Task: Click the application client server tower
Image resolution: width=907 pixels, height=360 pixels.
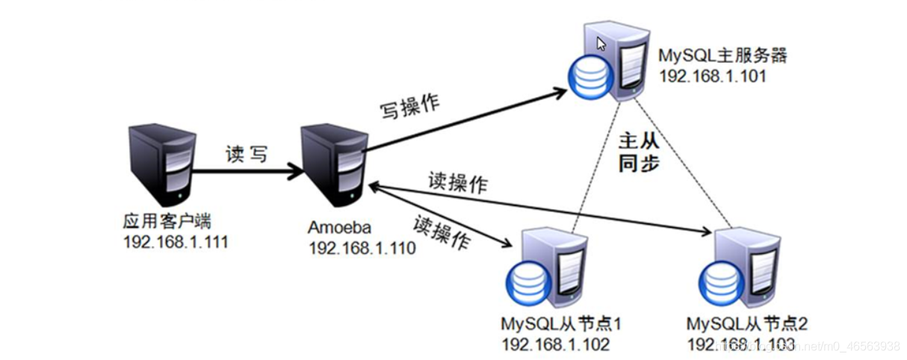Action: tap(162, 165)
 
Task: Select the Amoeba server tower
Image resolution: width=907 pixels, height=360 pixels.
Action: tap(334, 166)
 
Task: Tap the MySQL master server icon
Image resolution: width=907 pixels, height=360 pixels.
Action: tap(609, 60)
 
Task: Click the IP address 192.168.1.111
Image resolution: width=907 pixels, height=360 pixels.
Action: tap(176, 242)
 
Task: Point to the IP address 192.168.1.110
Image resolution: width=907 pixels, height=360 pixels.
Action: tap(362, 248)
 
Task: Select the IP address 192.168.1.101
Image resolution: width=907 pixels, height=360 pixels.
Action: tap(713, 76)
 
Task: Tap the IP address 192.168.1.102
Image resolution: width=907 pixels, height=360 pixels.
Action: tap(556, 344)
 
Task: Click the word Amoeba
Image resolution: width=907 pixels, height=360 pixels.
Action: tap(339, 228)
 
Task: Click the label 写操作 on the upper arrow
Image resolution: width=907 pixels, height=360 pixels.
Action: tap(409, 107)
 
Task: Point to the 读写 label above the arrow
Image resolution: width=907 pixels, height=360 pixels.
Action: tap(247, 154)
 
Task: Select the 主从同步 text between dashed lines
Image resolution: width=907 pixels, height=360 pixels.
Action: tap(639, 152)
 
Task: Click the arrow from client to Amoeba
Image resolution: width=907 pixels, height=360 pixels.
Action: tap(248, 172)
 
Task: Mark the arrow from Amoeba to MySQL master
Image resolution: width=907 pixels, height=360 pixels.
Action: tap(465, 121)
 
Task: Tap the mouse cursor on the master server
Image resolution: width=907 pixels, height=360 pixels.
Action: tap(601, 44)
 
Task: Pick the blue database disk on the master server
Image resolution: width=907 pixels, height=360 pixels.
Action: tap(590, 75)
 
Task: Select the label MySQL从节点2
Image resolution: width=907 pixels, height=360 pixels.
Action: tap(746, 323)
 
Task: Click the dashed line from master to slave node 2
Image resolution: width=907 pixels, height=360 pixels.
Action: tap(683, 163)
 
